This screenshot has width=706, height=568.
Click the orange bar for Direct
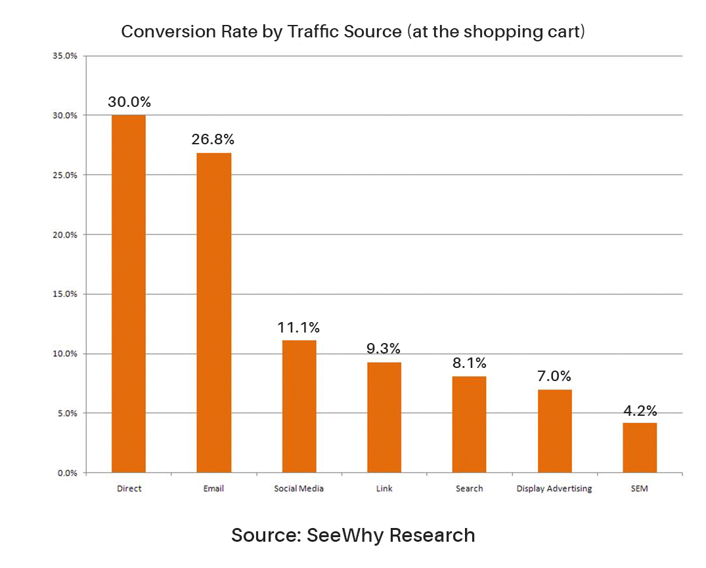[x=128, y=294]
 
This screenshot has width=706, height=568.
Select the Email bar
[x=213, y=313]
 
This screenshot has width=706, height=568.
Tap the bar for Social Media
[x=299, y=407]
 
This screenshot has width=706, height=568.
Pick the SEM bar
[x=640, y=448]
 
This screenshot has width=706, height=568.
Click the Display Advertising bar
[x=554, y=431]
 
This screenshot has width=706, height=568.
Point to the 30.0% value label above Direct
[x=129, y=102]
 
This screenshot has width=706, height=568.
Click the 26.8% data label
[x=213, y=140]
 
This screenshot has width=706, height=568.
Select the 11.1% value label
[x=299, y=327]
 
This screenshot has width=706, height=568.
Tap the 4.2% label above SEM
[x=640, y=411]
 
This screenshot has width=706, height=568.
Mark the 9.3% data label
[x=384, y=349]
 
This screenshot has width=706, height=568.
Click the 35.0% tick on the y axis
[x=64, y=56]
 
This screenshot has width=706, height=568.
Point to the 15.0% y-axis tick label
[x=64, y=294]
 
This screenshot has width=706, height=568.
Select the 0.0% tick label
[x=66, y=473]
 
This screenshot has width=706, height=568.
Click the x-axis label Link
[x=384, y=489]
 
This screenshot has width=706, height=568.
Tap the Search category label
[x=469, y=489]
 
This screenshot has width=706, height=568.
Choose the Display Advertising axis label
[x=554, y=489]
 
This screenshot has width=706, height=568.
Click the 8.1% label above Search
[x=469, y=363]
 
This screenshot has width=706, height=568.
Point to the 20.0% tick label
[x=64, y=235]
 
